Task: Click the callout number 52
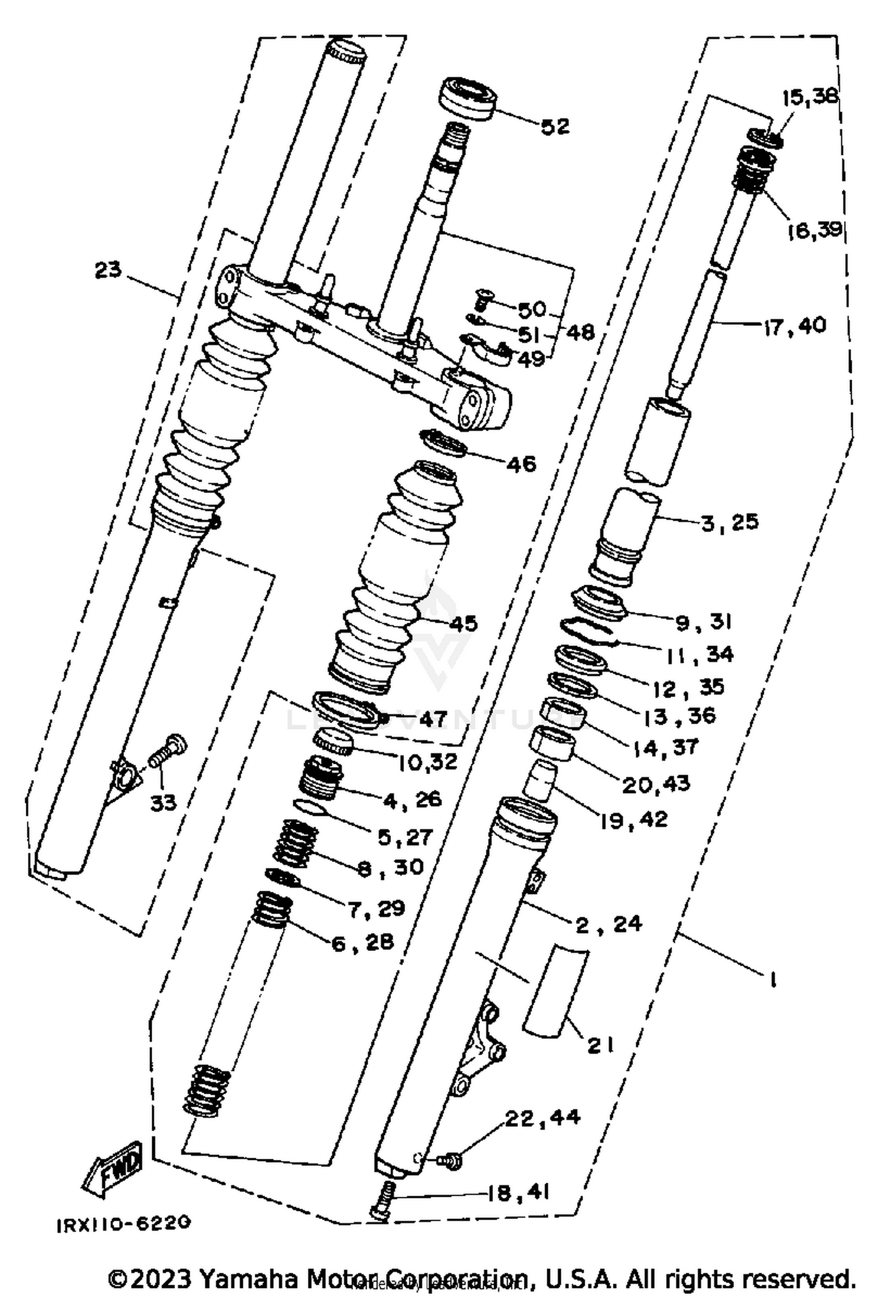(x=555, y=126)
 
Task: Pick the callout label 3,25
(x=729, y=521)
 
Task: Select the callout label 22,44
(x=542, y=1117)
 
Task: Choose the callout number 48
(x=579, y=332)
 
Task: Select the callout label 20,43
(x=656, y=784)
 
